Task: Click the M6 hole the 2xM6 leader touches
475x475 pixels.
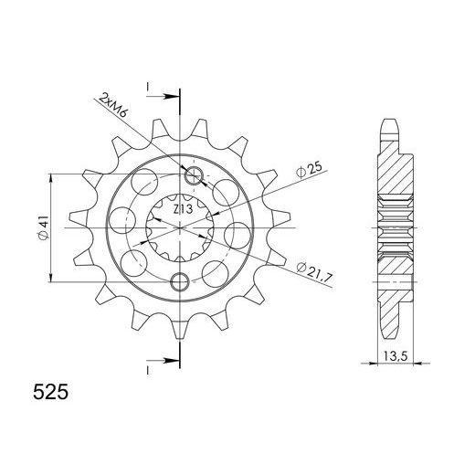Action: [x=194, y=175]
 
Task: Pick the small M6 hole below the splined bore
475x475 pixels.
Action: [x=180, y=279]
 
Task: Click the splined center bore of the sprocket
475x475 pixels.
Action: [x=187, y=227]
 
